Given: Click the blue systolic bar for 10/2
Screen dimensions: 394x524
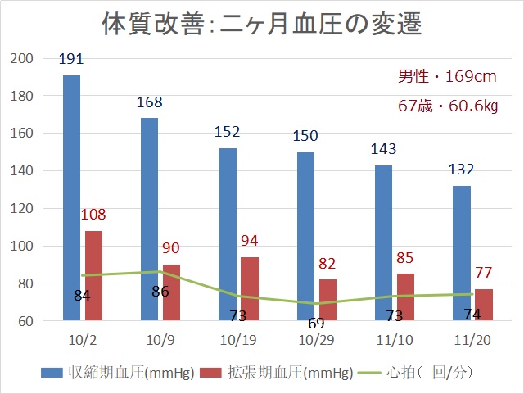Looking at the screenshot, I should coord(71,197).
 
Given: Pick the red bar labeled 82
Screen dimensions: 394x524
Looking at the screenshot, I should coord(327,300).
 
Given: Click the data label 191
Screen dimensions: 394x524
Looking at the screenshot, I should coord(71,60).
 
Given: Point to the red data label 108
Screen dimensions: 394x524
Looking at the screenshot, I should coord(94,215).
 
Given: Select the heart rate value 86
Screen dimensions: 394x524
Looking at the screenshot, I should coord(160,291).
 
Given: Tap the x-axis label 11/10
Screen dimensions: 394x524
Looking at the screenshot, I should coord(395,340).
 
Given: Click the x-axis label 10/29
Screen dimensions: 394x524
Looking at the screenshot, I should coord(316,340).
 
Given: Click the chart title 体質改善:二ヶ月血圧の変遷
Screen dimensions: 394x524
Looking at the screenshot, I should coord(261,24).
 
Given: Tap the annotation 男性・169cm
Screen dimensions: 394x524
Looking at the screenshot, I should coord(448,77).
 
